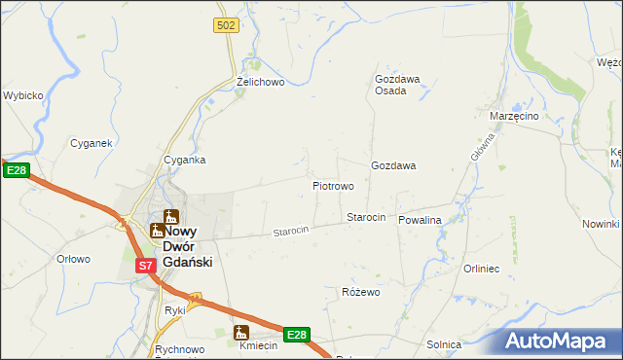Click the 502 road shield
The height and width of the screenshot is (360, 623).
coord(227,25)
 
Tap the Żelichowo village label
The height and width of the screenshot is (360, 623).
coord(260,83)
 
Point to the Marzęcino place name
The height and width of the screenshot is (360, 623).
coord(515,116)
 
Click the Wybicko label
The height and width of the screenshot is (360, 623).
coord(22,96)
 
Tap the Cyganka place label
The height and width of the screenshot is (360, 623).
coord(184,160)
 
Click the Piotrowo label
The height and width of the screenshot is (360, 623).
coord(332,185)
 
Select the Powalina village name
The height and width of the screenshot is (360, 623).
coord(420,220)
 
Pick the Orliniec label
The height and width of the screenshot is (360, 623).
coord(481,269)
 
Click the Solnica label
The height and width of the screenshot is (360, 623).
coord(444,344)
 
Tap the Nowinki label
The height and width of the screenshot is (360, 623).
coord(601,225)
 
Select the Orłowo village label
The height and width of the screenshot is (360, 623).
coord(73,259)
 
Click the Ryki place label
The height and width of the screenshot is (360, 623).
coord(175,310)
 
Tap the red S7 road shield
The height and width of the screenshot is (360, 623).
coord(144,265)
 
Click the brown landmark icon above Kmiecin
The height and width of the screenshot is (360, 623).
coord(241,332)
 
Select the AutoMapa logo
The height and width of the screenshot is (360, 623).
coord(561,342)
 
